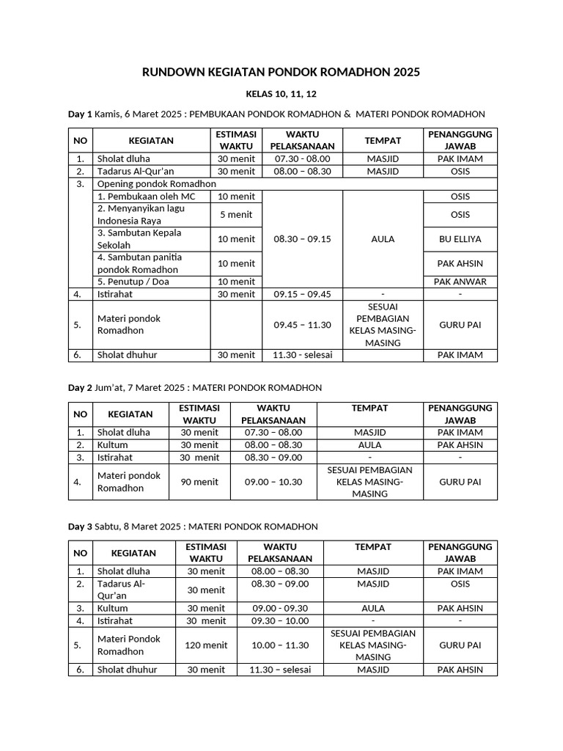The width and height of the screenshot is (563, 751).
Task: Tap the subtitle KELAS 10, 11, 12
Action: click(x=281, y=95)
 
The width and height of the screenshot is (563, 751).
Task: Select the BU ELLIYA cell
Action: click(x=460, y=239)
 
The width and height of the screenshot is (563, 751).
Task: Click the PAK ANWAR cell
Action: click(x=460, y=282)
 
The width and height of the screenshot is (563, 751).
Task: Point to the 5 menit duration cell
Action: click(x=235, y=215)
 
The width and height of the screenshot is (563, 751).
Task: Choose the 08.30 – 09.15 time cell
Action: click(x=302, y=239)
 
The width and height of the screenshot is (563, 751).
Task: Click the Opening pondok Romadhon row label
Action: click(x=157, y=184)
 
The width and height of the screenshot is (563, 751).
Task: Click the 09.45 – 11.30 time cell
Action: click(x=302, y=325)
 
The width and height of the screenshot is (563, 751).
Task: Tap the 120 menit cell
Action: click(x=206, y=645)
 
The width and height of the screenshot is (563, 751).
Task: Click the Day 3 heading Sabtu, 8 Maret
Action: click(x=193, y=527)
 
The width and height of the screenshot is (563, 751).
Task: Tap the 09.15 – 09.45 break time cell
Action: click(x=302, y=294)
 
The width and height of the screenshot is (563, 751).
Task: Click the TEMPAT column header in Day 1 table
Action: click(x=383, y=141)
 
